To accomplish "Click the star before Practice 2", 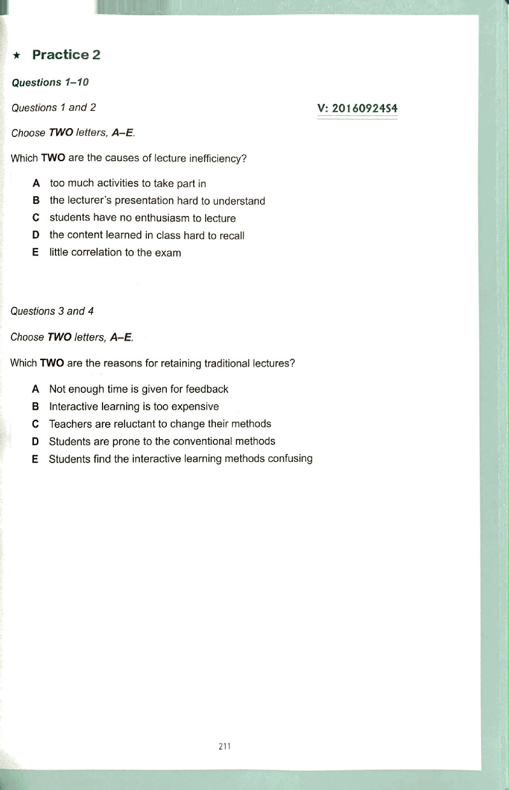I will [x=18, y=56].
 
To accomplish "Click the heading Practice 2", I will [x=66, y=55].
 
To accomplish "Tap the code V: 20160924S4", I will [x=357, y=108].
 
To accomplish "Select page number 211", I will [x=224, y=747].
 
